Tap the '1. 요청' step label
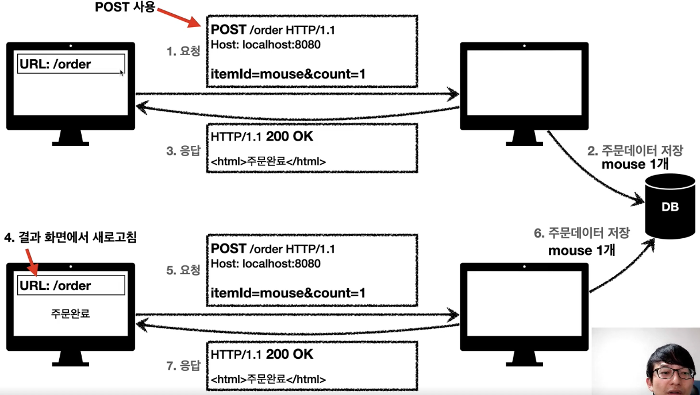point(183,51)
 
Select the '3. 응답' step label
point(183,152)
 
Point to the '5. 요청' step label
point(183,269)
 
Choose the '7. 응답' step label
point(183,365)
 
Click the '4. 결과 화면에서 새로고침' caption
point(71,237)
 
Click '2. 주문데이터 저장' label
point(634,151)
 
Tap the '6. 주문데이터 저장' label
point(581,233)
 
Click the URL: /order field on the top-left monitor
point(71,64)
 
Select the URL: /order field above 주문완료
point(71,285)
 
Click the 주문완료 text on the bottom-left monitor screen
point(71,313)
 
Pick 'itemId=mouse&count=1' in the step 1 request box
point(289,74)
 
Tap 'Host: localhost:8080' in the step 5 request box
point(266,264)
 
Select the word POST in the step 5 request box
point(229,249)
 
